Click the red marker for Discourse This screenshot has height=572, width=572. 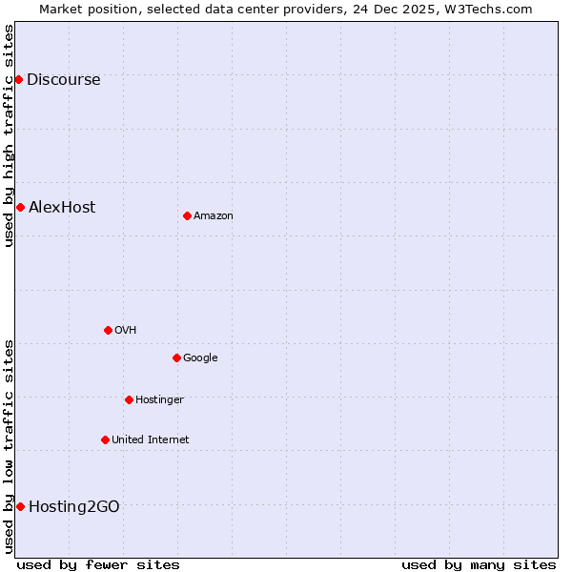pos(18,79)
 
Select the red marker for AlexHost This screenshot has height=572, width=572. pos(20,207)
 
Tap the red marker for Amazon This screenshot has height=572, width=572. pos(187,215)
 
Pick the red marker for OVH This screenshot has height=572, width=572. pos(108,330)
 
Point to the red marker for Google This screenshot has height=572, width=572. pos(176,357)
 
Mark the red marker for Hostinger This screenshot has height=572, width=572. pos(129,399)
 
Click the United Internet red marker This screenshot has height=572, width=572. pos(105,439)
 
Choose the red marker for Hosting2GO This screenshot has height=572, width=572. pos(20,506)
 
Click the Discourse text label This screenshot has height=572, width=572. pos(63,80)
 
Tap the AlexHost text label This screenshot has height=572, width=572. pos(62,208)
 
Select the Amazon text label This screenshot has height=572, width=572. pos(214,216)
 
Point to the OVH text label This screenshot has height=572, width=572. pos(126,331)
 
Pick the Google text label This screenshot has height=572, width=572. pos(200,358)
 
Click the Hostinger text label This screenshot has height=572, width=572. pos(159,400)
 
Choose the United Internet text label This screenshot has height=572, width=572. pos(151,440)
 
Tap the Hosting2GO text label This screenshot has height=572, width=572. pos(74,507)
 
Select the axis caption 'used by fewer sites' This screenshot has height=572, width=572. pos(98,564)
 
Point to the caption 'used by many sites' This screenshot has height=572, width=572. pos(479,564)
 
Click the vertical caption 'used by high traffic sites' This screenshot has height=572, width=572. pos(10,135)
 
